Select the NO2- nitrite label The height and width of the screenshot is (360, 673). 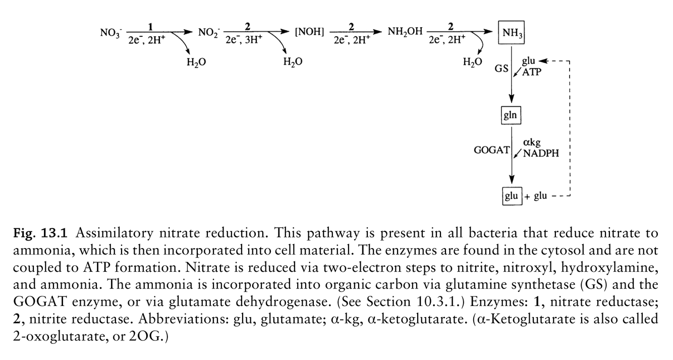pyautogui.click(x=207, y=34)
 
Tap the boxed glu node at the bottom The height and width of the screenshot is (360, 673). pyautogui.click(x=511, y=196)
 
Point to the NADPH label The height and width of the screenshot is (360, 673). pyautogui.click(x=541, y=153)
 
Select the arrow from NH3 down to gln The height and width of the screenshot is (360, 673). pyautogui.click(x=512, y=76)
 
